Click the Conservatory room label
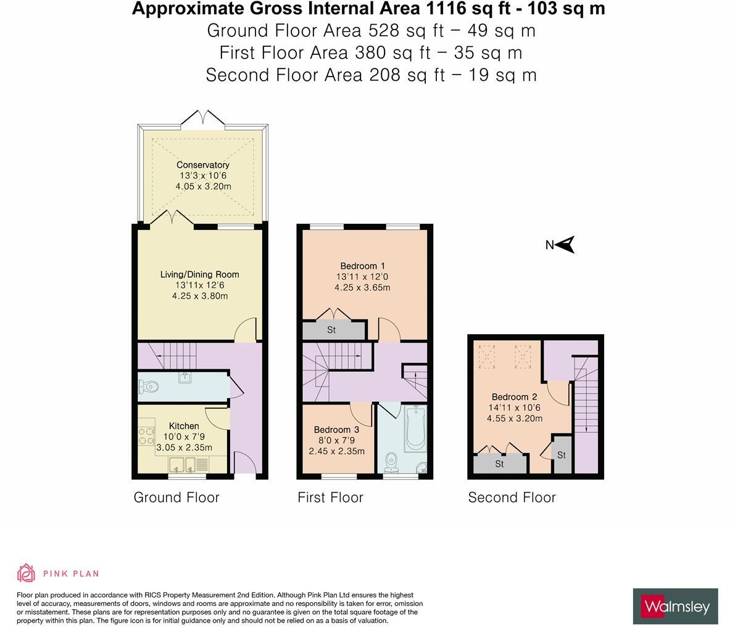pos(202,165)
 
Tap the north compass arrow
pos(565,245)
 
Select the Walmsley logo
pos(675,607)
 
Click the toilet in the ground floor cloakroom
pos(149,387)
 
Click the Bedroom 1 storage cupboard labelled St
pos(331,330)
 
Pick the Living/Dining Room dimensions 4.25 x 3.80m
pos(199,296)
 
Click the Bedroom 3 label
pos(336,430)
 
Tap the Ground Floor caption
pos(176,498)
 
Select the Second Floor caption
pos(512,498)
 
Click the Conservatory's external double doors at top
pos(202,118)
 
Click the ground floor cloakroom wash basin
pos(184,377)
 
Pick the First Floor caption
pos(330,498)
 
